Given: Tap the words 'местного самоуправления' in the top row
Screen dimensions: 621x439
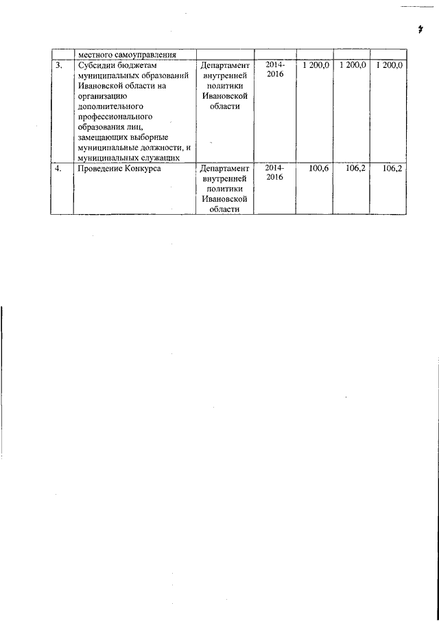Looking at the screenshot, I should click(128, 55).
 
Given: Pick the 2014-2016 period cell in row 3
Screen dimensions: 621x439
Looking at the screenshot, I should click(274, 69).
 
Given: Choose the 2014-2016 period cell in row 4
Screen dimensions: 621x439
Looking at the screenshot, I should click(274, 172).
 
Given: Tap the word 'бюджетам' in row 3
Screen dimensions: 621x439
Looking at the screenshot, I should click(138, 65).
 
